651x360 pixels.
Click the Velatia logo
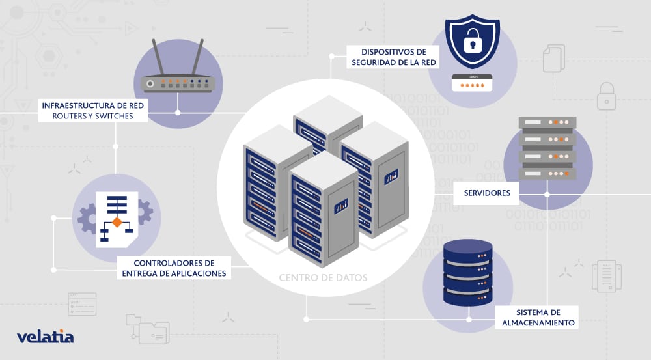point(45,337)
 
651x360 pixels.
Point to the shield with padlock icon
point(471,42)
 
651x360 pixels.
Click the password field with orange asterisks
point(473,83)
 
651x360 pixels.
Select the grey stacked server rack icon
point(547,148)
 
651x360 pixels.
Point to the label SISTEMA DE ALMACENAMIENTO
point(534,317)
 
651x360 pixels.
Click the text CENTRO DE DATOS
point(323,278)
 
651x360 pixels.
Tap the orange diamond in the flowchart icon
point(117,222)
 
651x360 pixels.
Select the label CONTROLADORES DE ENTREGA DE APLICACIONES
point(174,268)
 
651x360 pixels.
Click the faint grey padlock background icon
point(607,95)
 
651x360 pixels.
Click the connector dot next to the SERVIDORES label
point(547,193)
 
